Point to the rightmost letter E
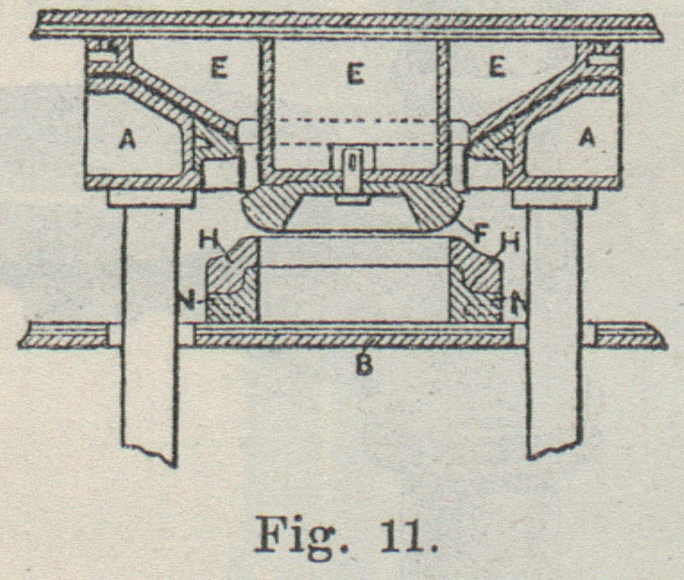(497, 67)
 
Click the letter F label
(480, 235)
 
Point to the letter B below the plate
(363, 366)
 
